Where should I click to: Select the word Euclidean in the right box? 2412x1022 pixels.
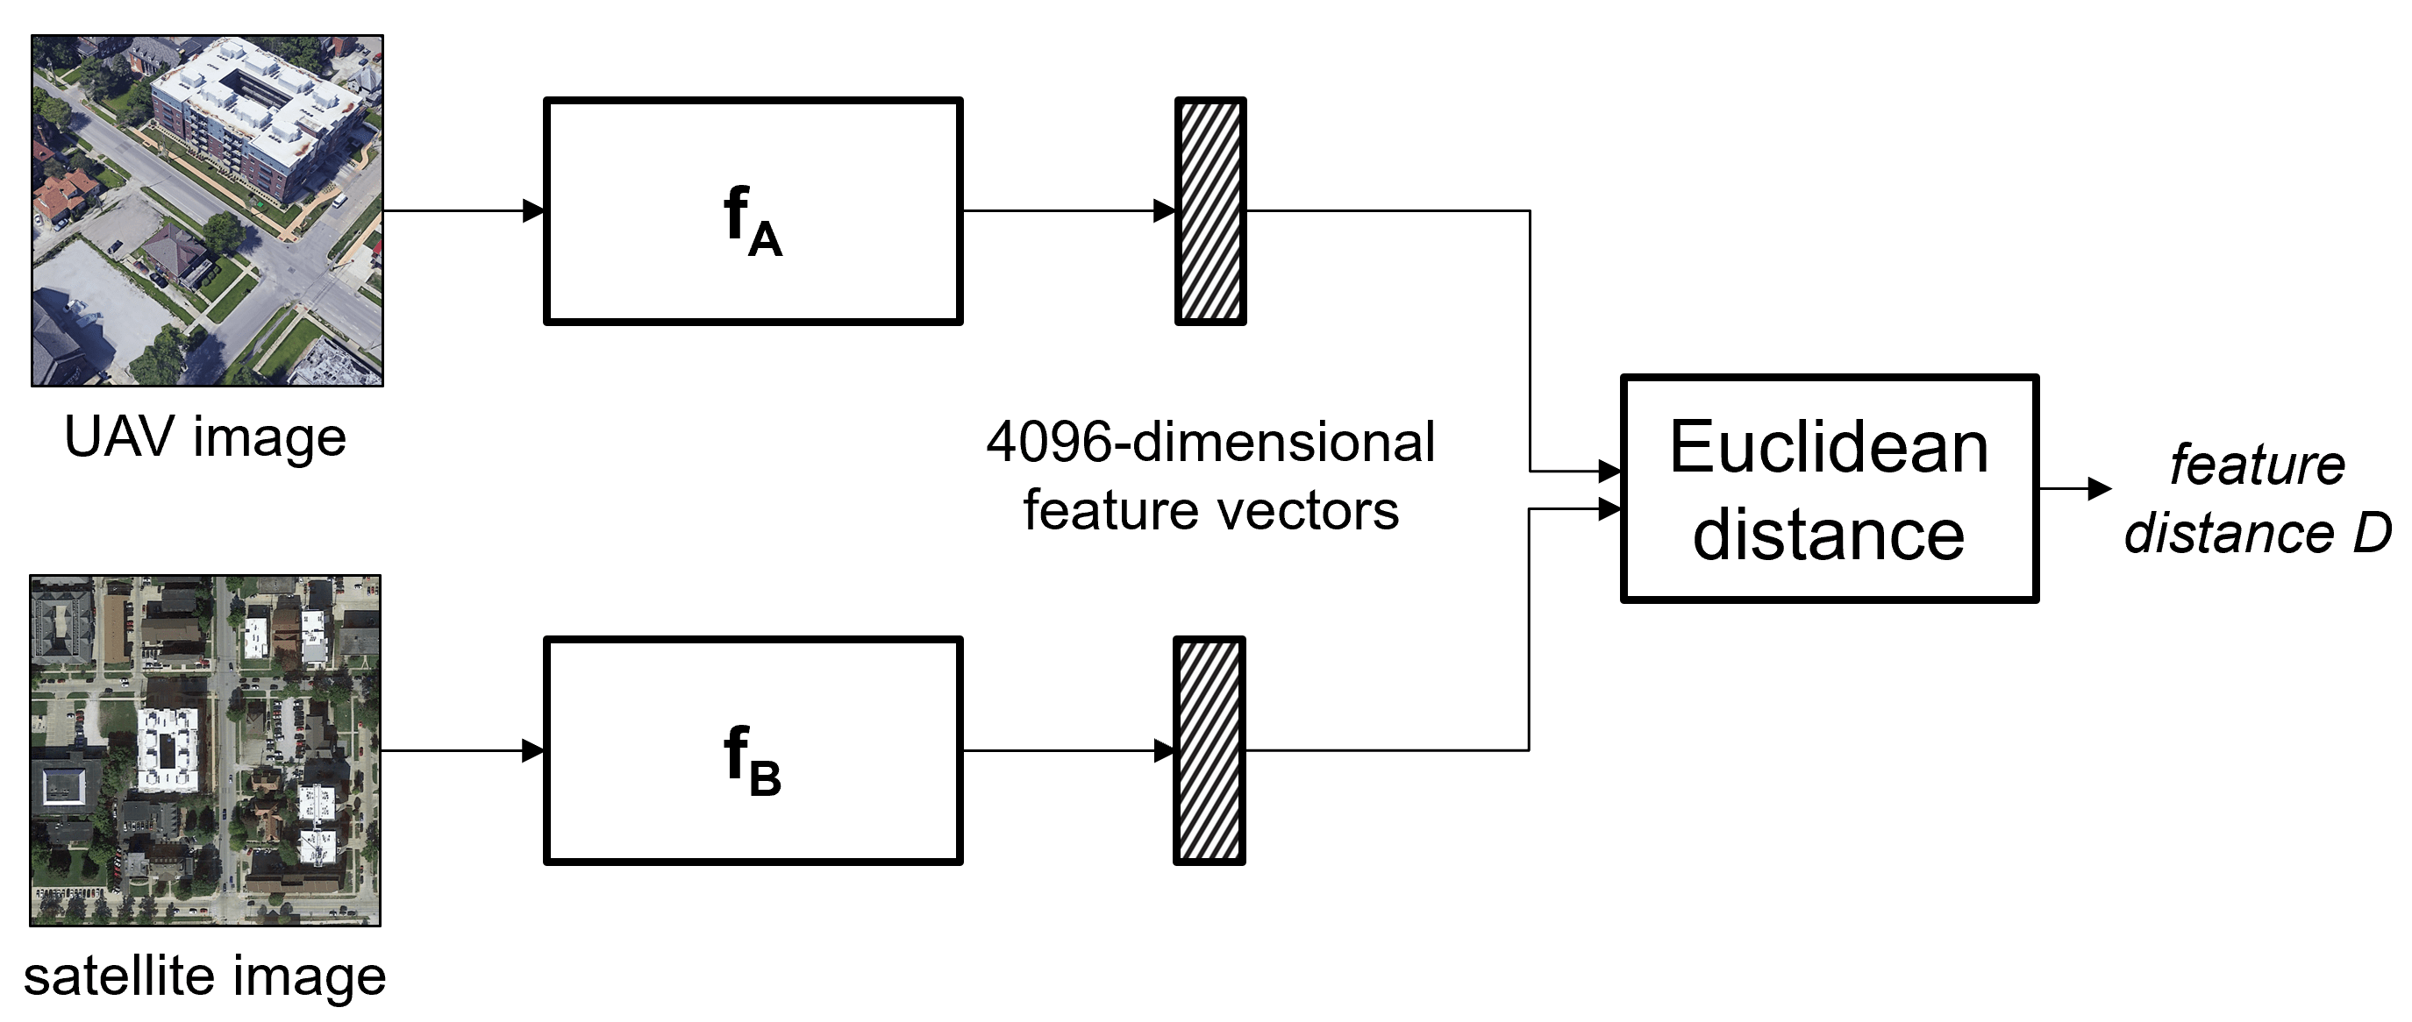[1828, 447]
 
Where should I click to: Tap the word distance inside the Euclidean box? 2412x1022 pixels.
[1828, 536]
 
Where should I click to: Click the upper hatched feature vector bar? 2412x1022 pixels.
[1210, 211]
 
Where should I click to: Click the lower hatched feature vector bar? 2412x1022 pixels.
[1209, 750]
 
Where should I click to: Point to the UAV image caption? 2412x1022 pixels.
[205, 437]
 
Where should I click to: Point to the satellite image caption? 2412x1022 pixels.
[204, 976]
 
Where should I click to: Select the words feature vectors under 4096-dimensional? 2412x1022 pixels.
[1210, 511]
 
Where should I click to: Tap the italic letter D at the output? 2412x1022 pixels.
[2371, 534]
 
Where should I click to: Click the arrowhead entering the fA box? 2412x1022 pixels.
[532, 211]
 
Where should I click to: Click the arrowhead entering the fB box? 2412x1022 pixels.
[532, 750]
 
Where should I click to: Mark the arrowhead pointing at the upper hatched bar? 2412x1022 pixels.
[1164, 211]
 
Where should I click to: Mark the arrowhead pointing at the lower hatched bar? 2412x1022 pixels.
[1164, 750]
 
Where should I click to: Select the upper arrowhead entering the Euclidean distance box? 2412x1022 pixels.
[1609, 472]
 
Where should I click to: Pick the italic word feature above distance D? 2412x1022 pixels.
[2257, 465]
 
